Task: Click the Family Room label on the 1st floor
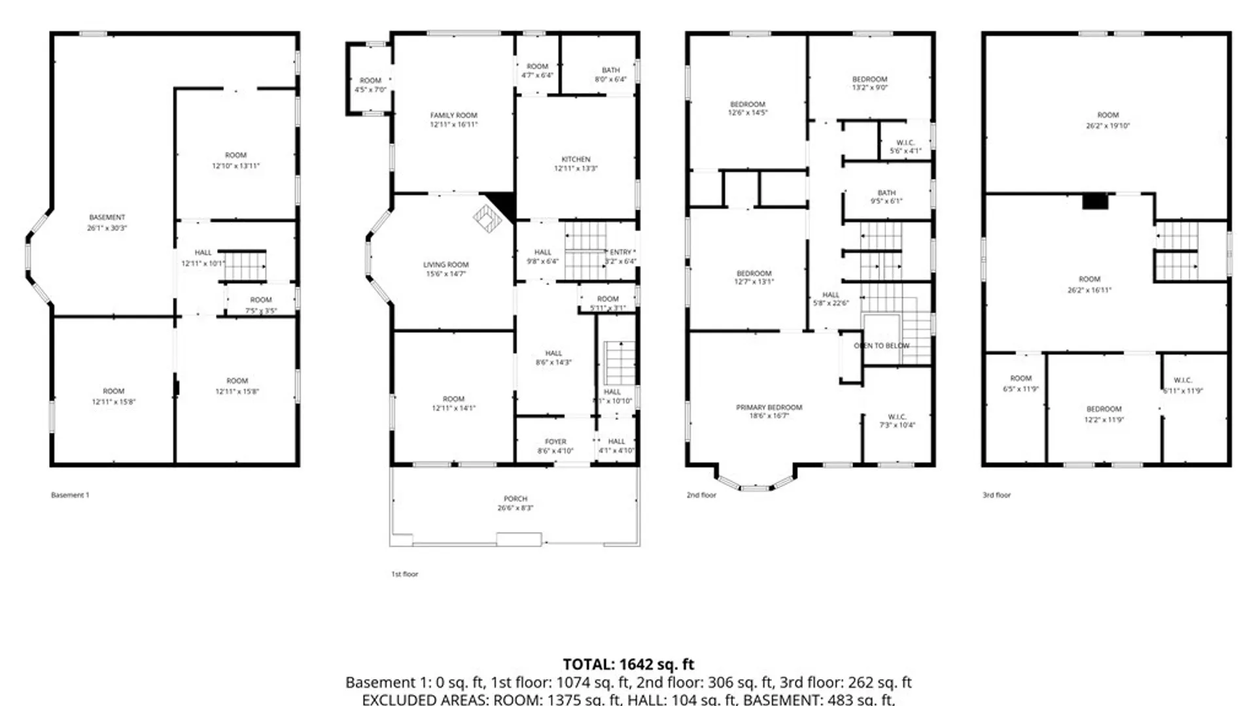click(x=453, y=115)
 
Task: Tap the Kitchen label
click(x=576, y=160)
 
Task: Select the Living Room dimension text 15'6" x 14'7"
click(x=445, y=274)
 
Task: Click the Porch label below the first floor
click(x=515, y=499)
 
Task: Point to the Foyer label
click(x=555, y=442)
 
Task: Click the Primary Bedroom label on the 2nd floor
click(x=769, y=407)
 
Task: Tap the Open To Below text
click(x=881, y=345)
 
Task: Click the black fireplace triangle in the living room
click(x=504, y=204)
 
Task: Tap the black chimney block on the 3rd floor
click(x=1094, y=201)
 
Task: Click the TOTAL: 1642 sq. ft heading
click(x=628, y=665)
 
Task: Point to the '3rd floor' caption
click(x=996, y=496)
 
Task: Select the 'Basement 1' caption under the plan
click(x=70, y=496)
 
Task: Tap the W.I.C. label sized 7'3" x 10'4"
click(x=897, y=417)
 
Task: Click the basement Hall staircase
click(x=242, y=266)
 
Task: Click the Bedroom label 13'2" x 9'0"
click(x=869, y=79)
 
